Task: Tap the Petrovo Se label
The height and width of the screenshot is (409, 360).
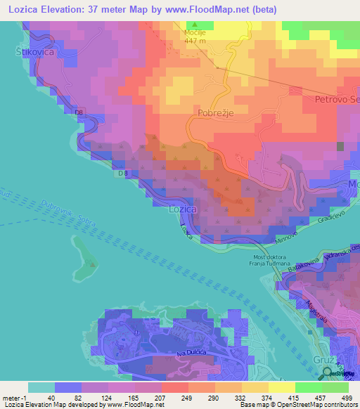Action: click(337, 100)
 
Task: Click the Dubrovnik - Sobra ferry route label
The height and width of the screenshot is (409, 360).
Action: click(43, 211)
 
